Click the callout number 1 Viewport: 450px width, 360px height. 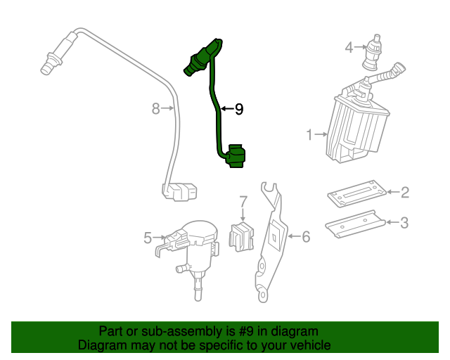[x=309, y=134]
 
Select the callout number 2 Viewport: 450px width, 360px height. [x=404, y=191]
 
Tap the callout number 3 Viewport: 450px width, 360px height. [x=404, y=223]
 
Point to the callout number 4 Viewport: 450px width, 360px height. [x=349, y=48]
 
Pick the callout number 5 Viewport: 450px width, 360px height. [x=148, y=238]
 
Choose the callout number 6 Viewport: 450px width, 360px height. [x=305, y=237]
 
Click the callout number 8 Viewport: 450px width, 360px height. [x=156, y=108]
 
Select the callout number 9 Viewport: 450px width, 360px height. [x=238, y=109]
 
